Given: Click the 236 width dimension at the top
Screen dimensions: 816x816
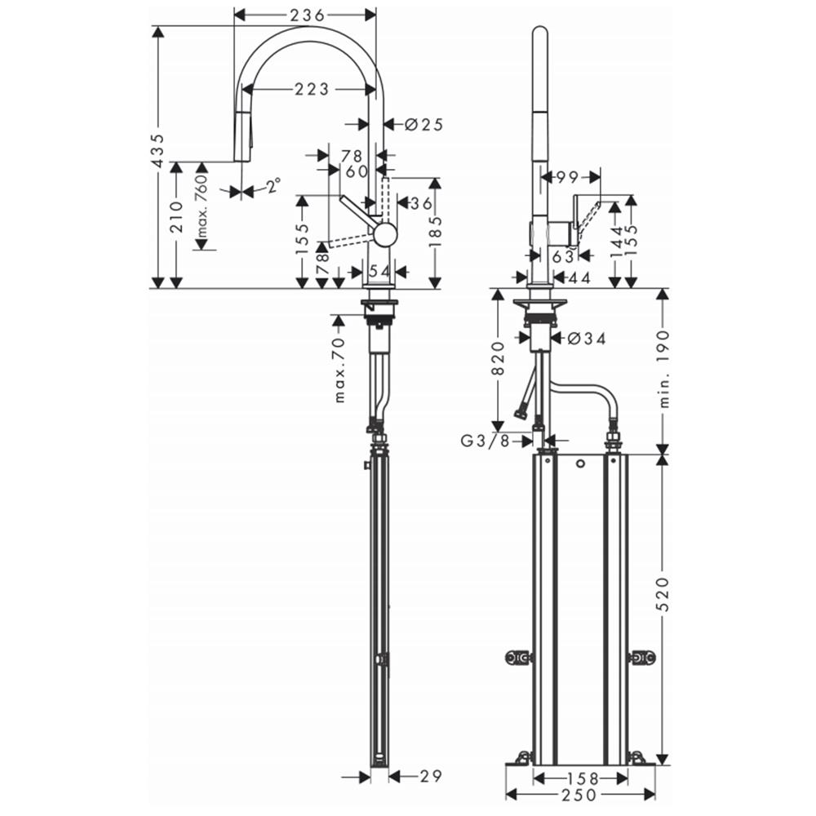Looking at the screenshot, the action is (x=307, y=16).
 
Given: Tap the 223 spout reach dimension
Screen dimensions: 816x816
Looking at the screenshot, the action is (x=313, y=90).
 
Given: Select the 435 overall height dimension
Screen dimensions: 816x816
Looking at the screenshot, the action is (x=158, y=152).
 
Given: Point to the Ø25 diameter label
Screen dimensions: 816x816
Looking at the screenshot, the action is (x=424, y=124).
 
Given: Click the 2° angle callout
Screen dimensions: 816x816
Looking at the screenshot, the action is (x=273, y=184).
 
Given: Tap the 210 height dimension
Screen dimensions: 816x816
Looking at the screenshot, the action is (x=176, y=218).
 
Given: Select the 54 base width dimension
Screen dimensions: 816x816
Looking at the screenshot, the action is (x=379, y=271).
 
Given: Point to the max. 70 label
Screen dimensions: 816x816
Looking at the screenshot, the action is (x=339, y=370).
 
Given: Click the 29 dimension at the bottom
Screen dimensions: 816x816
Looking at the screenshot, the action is (x=431, y=777).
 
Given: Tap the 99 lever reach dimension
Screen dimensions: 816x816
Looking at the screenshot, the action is (x=567, y=177).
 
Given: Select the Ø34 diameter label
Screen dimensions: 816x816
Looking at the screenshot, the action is (x=587, y=339).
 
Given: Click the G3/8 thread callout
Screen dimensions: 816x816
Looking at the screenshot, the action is (x=485, y=441).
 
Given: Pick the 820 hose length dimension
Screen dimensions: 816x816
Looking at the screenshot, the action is (x=498, y=358).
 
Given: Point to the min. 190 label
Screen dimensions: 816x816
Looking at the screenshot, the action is (x=664, y=369).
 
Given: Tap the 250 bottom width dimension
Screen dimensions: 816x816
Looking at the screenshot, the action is (x=579, y=795).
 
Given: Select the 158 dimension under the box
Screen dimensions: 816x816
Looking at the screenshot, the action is (x=583, y=778).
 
